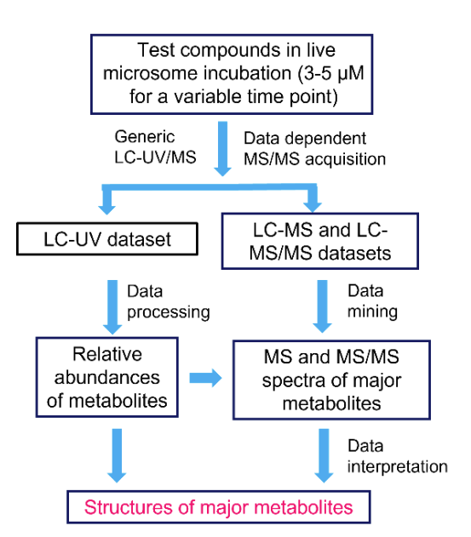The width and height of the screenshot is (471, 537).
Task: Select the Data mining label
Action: [371, 303]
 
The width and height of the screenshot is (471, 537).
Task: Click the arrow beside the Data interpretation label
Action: [322, 454]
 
